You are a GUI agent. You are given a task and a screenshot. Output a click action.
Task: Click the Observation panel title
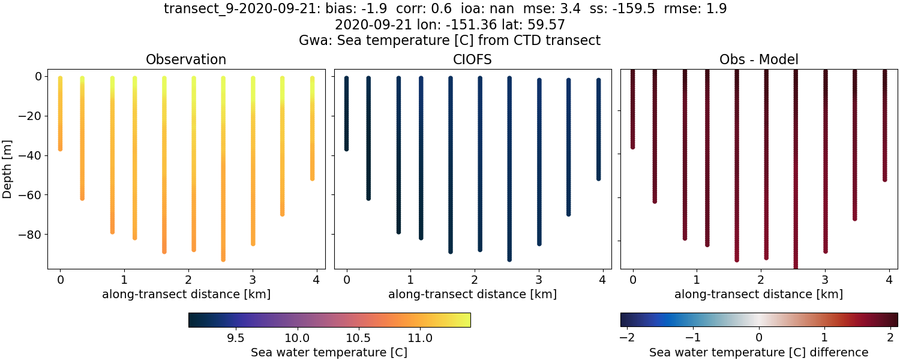[186, 60]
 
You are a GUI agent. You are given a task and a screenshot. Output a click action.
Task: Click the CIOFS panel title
[473, 60]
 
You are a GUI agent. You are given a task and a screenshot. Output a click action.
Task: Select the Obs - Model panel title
[759, 60]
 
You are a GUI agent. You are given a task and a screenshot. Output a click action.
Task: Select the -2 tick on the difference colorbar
[627, 338]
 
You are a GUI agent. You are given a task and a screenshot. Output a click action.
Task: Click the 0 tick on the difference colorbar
[759, 338]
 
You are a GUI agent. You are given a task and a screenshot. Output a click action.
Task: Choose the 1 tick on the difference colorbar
[825, 338]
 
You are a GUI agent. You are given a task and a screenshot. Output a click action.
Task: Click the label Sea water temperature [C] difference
[759, 352]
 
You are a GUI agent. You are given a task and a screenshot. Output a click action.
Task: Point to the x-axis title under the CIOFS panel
[473, 295]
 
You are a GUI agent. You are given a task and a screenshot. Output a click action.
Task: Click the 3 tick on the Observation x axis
[253, 280]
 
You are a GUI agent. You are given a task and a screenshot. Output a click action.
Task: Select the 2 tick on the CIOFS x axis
[475, 280]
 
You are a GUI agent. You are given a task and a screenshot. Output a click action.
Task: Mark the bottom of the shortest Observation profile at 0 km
[60, 148]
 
